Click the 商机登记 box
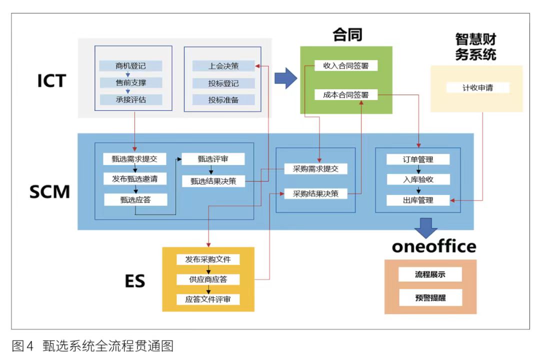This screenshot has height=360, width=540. pos(130,65)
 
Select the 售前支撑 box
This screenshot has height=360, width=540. pos(131,82)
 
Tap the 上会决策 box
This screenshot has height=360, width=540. pos(223,66)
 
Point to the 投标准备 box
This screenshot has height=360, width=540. pos(223,100)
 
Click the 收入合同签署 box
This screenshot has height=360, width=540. pos(346,65)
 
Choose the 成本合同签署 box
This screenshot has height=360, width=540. pos(346,94)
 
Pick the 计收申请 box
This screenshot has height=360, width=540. pos(477,87)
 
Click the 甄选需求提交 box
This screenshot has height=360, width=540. pos(134,159)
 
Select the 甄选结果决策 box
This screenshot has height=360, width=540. pos(213,181)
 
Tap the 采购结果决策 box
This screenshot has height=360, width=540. pos(315,193)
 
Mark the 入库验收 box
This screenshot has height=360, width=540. pos(418,179)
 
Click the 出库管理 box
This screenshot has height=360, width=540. pos(418,200)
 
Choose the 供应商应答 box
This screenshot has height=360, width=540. pos(208,279)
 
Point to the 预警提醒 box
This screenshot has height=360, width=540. pos(430,297)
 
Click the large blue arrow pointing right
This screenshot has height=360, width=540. pos(286,78)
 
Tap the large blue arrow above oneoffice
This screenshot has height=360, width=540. pos(426,227)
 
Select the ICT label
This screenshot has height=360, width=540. pos(51,81)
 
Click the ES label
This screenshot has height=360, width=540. pos(135,281)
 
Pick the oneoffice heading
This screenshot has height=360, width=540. pos(434,246)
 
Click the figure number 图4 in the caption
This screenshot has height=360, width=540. pos(22,345)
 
